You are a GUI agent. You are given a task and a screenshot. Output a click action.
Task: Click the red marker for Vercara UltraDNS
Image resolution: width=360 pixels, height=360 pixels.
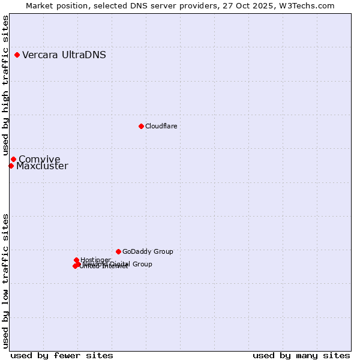pos(17,55)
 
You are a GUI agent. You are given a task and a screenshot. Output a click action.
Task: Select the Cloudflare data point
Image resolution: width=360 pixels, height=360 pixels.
pos(141,126)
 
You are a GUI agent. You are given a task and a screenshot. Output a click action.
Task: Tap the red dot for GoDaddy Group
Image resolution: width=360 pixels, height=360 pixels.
pos(118,251)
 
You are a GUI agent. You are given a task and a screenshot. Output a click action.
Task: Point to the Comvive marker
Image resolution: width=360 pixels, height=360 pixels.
pos(13,159)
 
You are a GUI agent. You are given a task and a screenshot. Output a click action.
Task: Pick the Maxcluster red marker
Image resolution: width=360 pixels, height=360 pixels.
pos(11,166)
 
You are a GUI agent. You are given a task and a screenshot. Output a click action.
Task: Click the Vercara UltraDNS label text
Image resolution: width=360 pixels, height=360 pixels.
pos(64,55)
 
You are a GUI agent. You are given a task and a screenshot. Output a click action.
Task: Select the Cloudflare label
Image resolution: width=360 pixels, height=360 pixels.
pos(161,126)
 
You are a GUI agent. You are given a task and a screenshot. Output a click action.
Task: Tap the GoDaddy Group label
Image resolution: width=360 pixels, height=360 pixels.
pos(148,252)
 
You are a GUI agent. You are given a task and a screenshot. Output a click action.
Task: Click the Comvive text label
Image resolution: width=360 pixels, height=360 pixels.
pos(40,159)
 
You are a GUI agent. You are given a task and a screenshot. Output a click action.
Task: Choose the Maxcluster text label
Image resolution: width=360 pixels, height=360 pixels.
pos(42,166)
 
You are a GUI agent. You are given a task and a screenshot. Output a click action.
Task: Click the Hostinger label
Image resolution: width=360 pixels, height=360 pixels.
pos(95,260)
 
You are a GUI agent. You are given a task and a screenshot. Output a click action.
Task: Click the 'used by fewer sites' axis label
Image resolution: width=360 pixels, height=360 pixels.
pos(62,355)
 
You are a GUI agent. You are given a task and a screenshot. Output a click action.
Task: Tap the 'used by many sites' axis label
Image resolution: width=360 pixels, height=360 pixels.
pos(301,355)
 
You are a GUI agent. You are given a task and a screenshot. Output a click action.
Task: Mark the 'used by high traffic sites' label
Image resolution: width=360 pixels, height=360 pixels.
pos(5,86)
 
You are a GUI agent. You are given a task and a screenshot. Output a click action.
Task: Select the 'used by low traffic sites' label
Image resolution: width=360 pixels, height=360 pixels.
pos(5,280)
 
